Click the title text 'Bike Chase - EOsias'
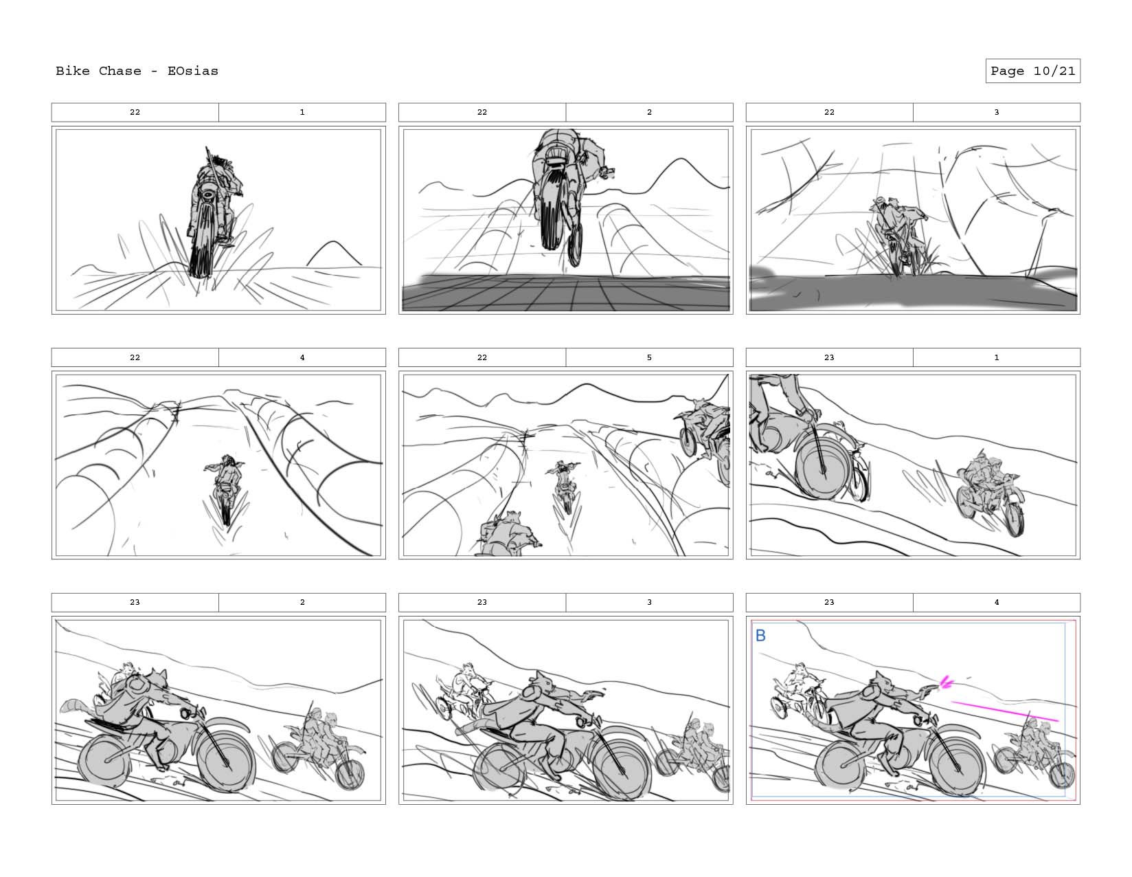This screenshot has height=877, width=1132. tap(137, 71)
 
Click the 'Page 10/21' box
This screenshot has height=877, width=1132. tap(1032, 71)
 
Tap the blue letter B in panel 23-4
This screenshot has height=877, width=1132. tap(760, 636)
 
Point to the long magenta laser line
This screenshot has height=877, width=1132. tap(1006, 711)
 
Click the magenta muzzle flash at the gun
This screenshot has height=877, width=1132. tap(945, 682)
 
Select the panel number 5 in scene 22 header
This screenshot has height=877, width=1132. tap(649, 357)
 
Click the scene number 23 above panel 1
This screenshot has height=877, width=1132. tap(829, 357)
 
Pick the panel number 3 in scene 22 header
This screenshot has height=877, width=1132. tap(997, 112)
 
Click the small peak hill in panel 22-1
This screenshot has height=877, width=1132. tap(333, 253)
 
